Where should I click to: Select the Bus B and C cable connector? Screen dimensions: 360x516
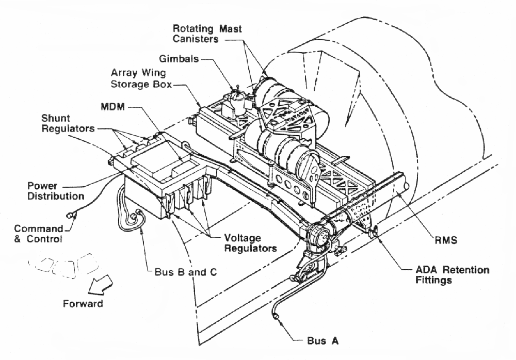click(x=137, y=218)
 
